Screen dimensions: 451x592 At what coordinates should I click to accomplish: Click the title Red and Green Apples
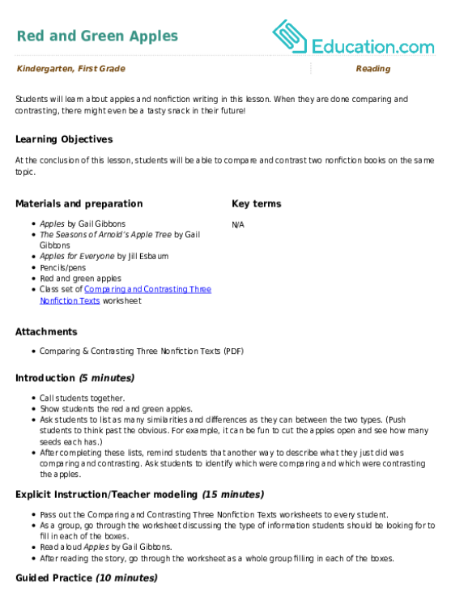(x=97, y=36)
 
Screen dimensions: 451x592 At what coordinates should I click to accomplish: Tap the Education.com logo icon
(x=290, y=36)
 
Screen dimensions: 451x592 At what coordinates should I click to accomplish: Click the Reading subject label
(x=373, y=69)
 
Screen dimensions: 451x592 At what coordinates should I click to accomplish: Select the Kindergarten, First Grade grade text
(x=71, y=69)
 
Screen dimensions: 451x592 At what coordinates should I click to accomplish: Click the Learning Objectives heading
(x=64, y=139)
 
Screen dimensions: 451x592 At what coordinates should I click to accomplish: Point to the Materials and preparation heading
(x=79, y=204)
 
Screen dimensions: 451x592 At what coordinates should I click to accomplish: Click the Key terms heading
(x=257, y=204)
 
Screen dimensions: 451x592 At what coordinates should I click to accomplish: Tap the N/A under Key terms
(x=238, y=224)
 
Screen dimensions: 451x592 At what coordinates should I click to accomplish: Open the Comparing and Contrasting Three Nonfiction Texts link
(x=126, y=295)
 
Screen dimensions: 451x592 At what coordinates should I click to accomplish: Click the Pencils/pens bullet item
(x=63, y=268)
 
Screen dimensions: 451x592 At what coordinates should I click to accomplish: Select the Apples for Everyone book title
(x=77, y=256)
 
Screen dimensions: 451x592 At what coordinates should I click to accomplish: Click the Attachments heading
(x=46, y=332)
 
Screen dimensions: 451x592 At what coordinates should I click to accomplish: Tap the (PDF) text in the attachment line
(x=234, y=351)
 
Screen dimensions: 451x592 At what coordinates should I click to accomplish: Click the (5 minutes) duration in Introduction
(x=107, y=378)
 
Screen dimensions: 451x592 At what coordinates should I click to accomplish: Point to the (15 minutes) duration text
(x=233, y=495)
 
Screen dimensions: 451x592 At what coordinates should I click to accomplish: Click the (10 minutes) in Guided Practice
(x=127, y=578)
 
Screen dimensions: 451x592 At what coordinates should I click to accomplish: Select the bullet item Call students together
(x=83, y=398)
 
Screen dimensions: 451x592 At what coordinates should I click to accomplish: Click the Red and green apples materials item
(x=81, y=279)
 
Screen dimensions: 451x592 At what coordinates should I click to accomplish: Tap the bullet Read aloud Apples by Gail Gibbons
(x=106, y=547)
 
